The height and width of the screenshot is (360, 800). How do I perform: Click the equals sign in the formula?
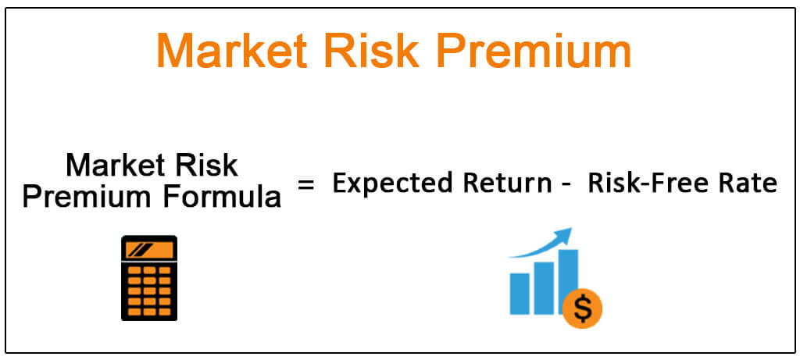click(x=306, y=184)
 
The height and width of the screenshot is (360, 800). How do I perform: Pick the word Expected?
click(x=391, y=184)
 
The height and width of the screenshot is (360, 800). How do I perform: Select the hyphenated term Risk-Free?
click(x=652, y=184)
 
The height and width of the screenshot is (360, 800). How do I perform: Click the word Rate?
click(x=749, y=184)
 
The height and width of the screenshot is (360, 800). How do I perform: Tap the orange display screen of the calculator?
click(x=149, y=249)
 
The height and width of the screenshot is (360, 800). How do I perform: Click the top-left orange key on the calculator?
click(x=134, y=270)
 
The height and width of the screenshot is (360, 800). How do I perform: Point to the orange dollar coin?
click(x=583, y=308)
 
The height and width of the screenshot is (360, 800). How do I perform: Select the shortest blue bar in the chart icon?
click(x=520, y=293)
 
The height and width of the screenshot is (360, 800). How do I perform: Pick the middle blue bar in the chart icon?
click(x=544, y=288)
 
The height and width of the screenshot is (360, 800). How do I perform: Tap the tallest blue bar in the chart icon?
click(x=568, y=278)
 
